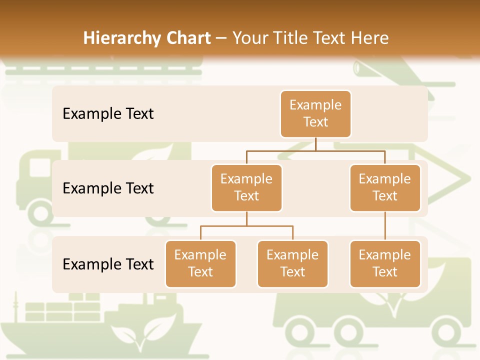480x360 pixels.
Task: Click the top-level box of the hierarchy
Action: (x=315, y=113)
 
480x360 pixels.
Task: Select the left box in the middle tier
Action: (x=246, y=187)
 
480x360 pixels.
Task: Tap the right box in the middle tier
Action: (x=385, y=187)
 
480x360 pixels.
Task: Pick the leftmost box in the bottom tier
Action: (x=200, y=263)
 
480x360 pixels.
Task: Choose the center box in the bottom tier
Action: (x=292, y=263)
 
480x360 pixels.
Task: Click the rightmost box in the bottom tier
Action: (x=385, y=263)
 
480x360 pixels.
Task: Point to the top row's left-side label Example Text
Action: (x=108, y=113)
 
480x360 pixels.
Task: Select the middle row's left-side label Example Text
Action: (x=108, y=188)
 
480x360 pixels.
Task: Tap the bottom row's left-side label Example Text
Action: (x=108, y=264)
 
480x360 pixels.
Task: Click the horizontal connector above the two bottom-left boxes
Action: (x=246, y=226)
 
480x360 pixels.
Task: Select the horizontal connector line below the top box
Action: (x=315, y=150)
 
